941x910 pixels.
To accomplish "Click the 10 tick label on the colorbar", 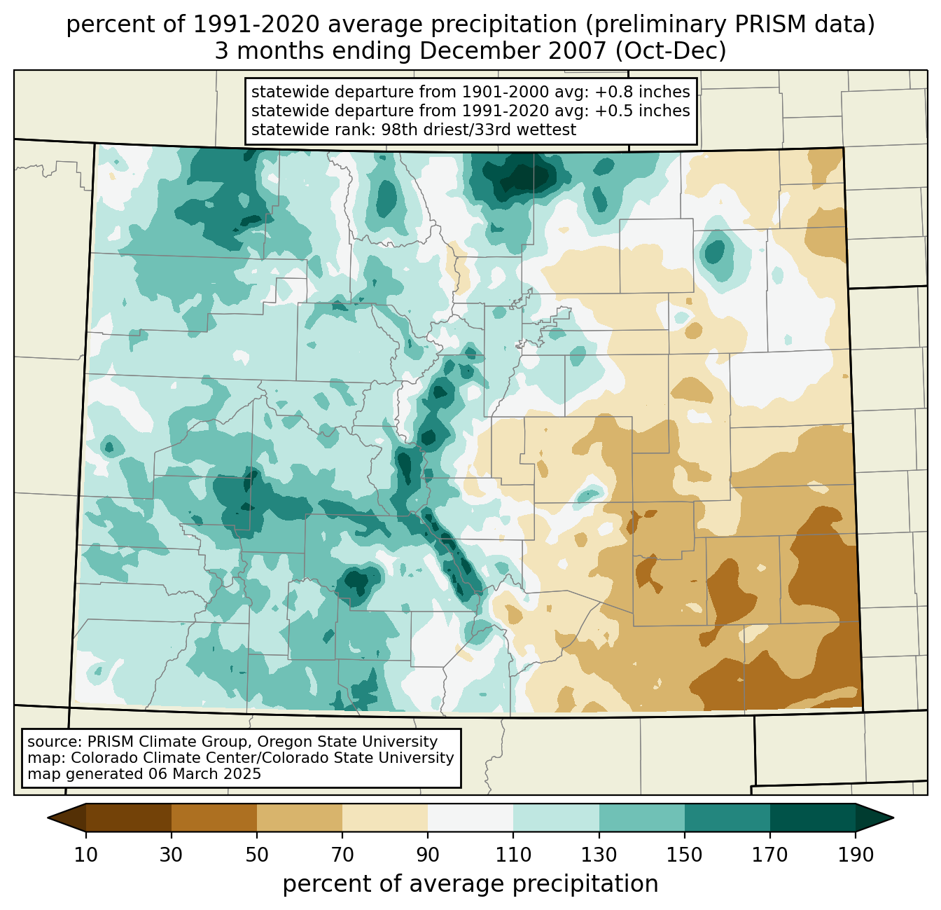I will point(86,855).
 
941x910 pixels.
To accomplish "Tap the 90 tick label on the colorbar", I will point(428,855).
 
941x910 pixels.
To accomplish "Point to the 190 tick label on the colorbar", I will point(856,855).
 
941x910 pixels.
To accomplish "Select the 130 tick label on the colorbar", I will point(599,855).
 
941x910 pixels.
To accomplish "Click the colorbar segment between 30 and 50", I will point(214,818).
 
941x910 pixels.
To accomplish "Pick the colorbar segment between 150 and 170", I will point(727,818).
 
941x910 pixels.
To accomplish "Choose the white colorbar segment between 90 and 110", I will point(470,818).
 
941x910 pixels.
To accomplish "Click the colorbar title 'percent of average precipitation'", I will point(470,884).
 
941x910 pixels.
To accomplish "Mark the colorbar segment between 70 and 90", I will point(385,818).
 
